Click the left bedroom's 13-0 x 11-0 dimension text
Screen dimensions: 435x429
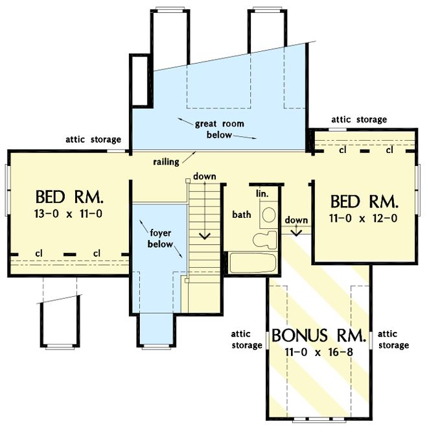tap(69, 212)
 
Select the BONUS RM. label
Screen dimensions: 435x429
tap(319, 336)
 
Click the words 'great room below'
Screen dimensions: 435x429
tap(218, 129)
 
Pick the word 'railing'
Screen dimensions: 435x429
tap(167, 160)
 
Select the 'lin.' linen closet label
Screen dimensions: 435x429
tap(262, 194)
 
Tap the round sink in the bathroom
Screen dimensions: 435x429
tap(268, 215)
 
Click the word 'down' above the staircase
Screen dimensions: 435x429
tap(205, 176)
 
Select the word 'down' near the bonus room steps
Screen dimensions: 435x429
tap(296, 220)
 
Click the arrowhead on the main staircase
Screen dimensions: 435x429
tap(205, 235)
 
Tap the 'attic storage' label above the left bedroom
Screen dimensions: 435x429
tap(93, 139)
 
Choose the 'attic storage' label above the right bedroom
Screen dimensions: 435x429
tap(359, 119)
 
